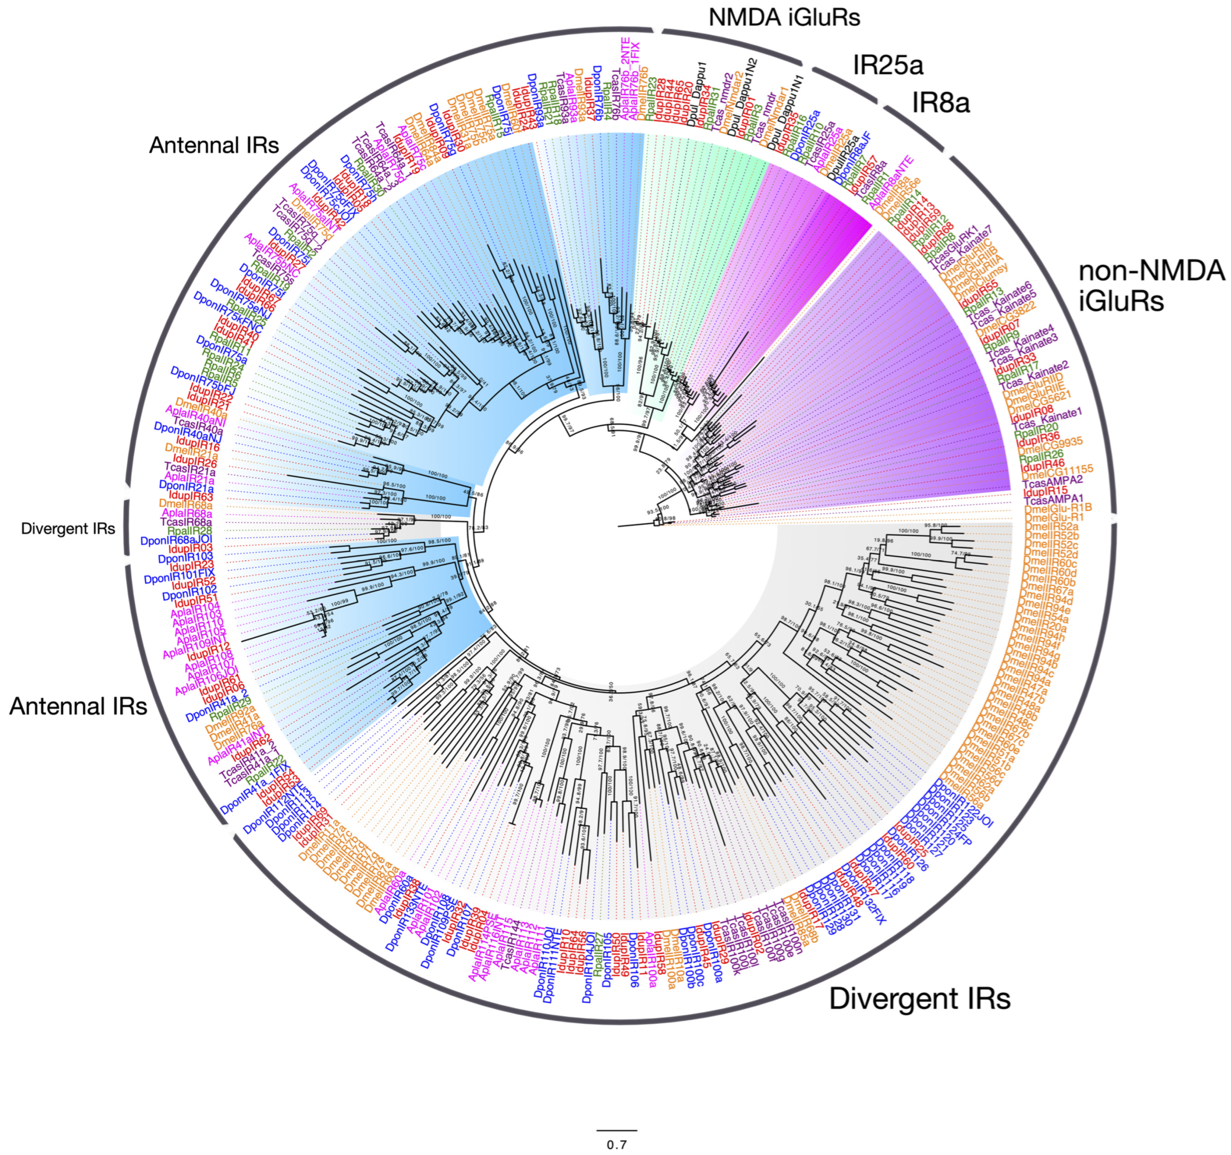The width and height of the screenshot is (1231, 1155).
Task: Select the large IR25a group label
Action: click(888, 64)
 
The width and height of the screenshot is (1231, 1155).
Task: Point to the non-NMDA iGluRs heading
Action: click(1151, 286)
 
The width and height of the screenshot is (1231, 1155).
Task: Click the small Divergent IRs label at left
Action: click(68, 529)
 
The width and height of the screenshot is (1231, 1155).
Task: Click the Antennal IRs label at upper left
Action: click(214, 145)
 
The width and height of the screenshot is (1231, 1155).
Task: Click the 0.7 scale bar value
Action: click(617, 1144)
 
